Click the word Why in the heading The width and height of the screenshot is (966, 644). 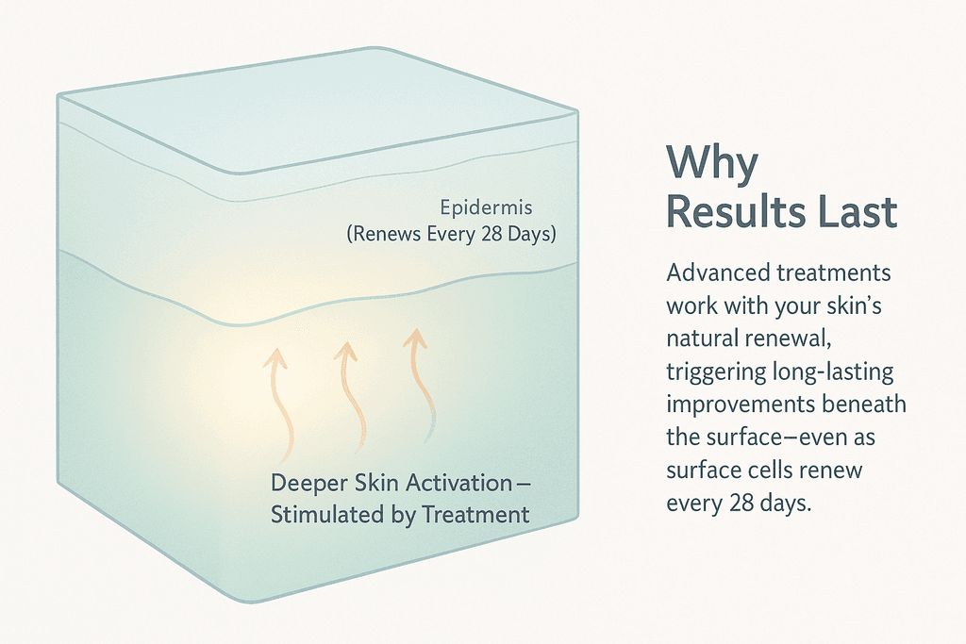[x=712, y=165]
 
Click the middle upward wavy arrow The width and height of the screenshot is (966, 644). [x=350, y=396]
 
